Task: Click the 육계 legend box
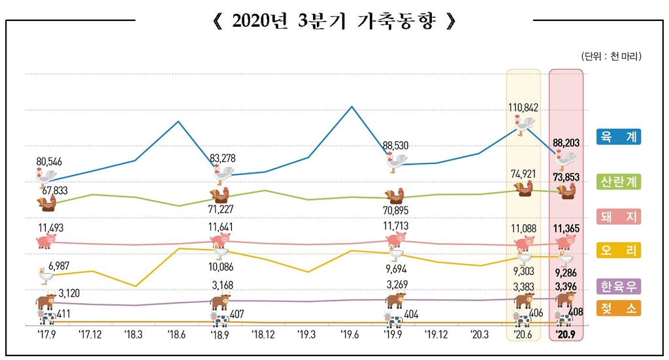[618, 137]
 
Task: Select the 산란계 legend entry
[618, 183]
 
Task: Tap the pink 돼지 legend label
[618, 216]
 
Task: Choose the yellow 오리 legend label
[618, 250]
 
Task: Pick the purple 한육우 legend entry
[618, 286]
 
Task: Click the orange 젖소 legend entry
[618, 308]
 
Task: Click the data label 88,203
[566, 142]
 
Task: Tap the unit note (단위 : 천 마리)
[611, 57]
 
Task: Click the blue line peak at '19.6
[351, 106]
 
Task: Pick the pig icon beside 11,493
[46, 241]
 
